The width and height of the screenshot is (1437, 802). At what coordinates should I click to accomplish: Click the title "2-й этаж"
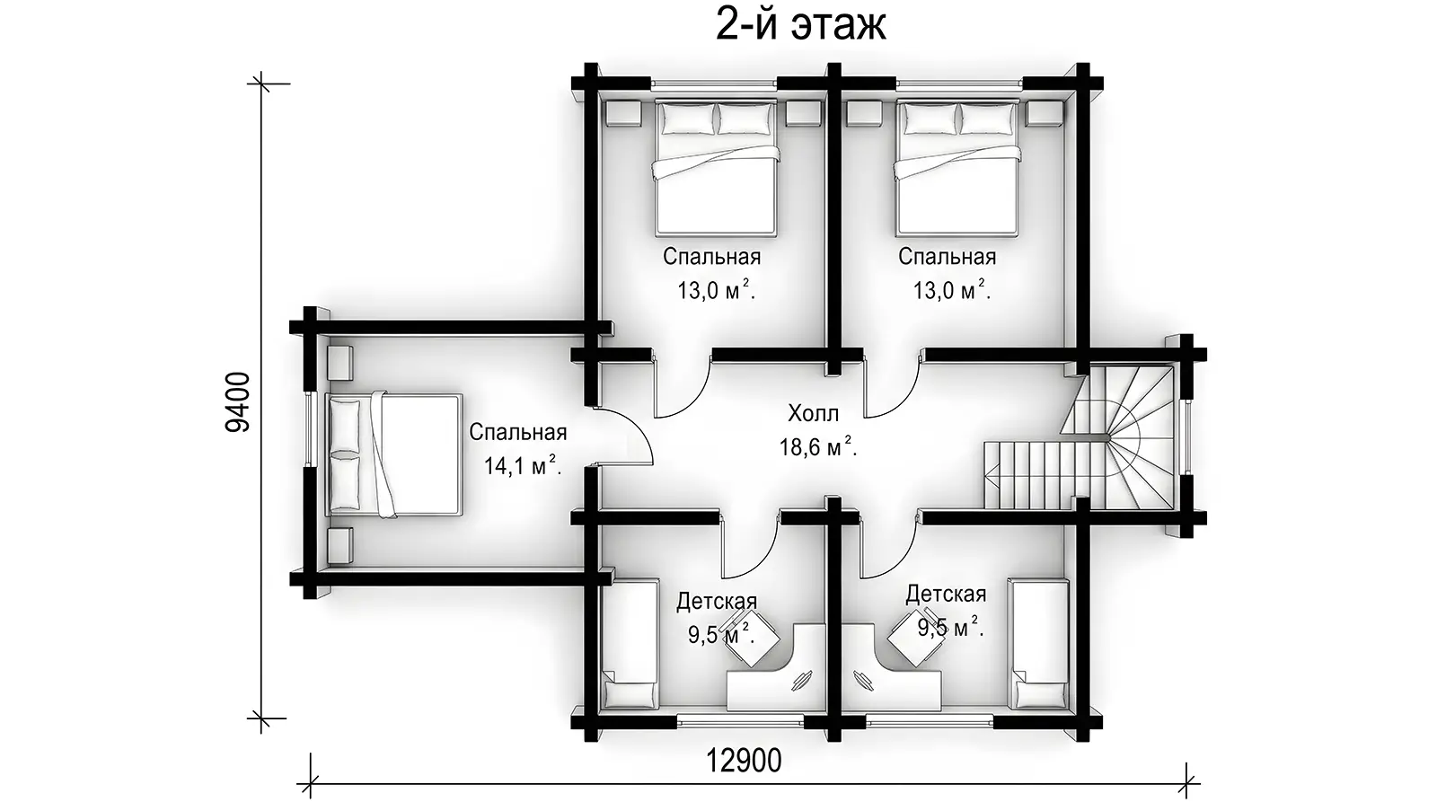pyautogui.click(x=800, y=26)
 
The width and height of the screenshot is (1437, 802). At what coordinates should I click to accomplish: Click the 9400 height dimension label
pyautogui.click(x=238, y=402)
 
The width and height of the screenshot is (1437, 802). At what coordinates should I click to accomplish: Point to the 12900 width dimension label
pyautogui.click(x=744, y=761)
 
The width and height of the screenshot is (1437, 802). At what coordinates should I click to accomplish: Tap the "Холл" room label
pyautogui.click(x=813, y=414)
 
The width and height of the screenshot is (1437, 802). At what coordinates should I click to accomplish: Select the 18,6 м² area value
pyautogui.click(x=818, y=446)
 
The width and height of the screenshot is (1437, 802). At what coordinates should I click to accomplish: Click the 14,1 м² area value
pyautogui.click(x=522, y=466)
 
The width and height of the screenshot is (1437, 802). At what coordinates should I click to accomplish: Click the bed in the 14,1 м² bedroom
pyautogui.click(x=394, y=455)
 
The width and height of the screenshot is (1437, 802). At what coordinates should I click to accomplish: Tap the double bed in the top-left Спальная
pyautogui.click(x=716, y=167)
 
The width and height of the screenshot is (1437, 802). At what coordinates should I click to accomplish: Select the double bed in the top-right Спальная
pyautogui.click(x=957, y=167)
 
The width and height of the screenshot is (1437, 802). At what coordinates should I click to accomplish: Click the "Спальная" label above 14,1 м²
pyautogui.click(x=517, y=433)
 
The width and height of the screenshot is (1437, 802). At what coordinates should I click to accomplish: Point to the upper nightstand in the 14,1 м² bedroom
pyautogui.click(x=339, y=363)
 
